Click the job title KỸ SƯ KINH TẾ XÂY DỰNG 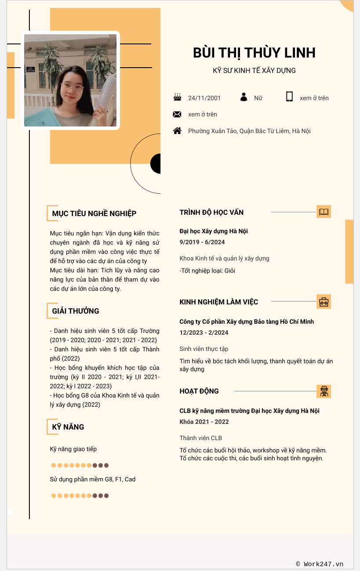pyautogui.click(x=254, y=70)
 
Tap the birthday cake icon pyautogui.click(x=177, y=97)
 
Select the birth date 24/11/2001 pyautogui.click(x=204, y=98)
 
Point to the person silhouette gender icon pyautogui.click(x=244, y=97)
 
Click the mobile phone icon pyautogui.click(x=289, y=97)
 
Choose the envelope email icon pyautogui.click(x=177, y=114)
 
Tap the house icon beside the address pyautogui.click(x=177, y=130)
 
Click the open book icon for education pyautogui.click(x=324, y=212)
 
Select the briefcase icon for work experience pyautogui.click(x=324, y=302)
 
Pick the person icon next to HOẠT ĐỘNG pyautogui.click(x=324, y=391)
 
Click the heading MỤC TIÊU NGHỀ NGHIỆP pyautogui.click(x=94, y=213)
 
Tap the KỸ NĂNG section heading pyautogui.click(x=68, y=427)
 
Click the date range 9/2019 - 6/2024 pyautogui.click(x=202, y=242)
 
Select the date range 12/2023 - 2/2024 pyautogui.click(x=204, y=332)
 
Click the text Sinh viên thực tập pyautogui.click(x=204, y=349)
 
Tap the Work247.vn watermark pyautogui.click(x=320, y=564)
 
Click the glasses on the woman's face pyautogui.click(x=72, y=87)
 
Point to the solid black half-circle pyautogui.click(x=156, y=164)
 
